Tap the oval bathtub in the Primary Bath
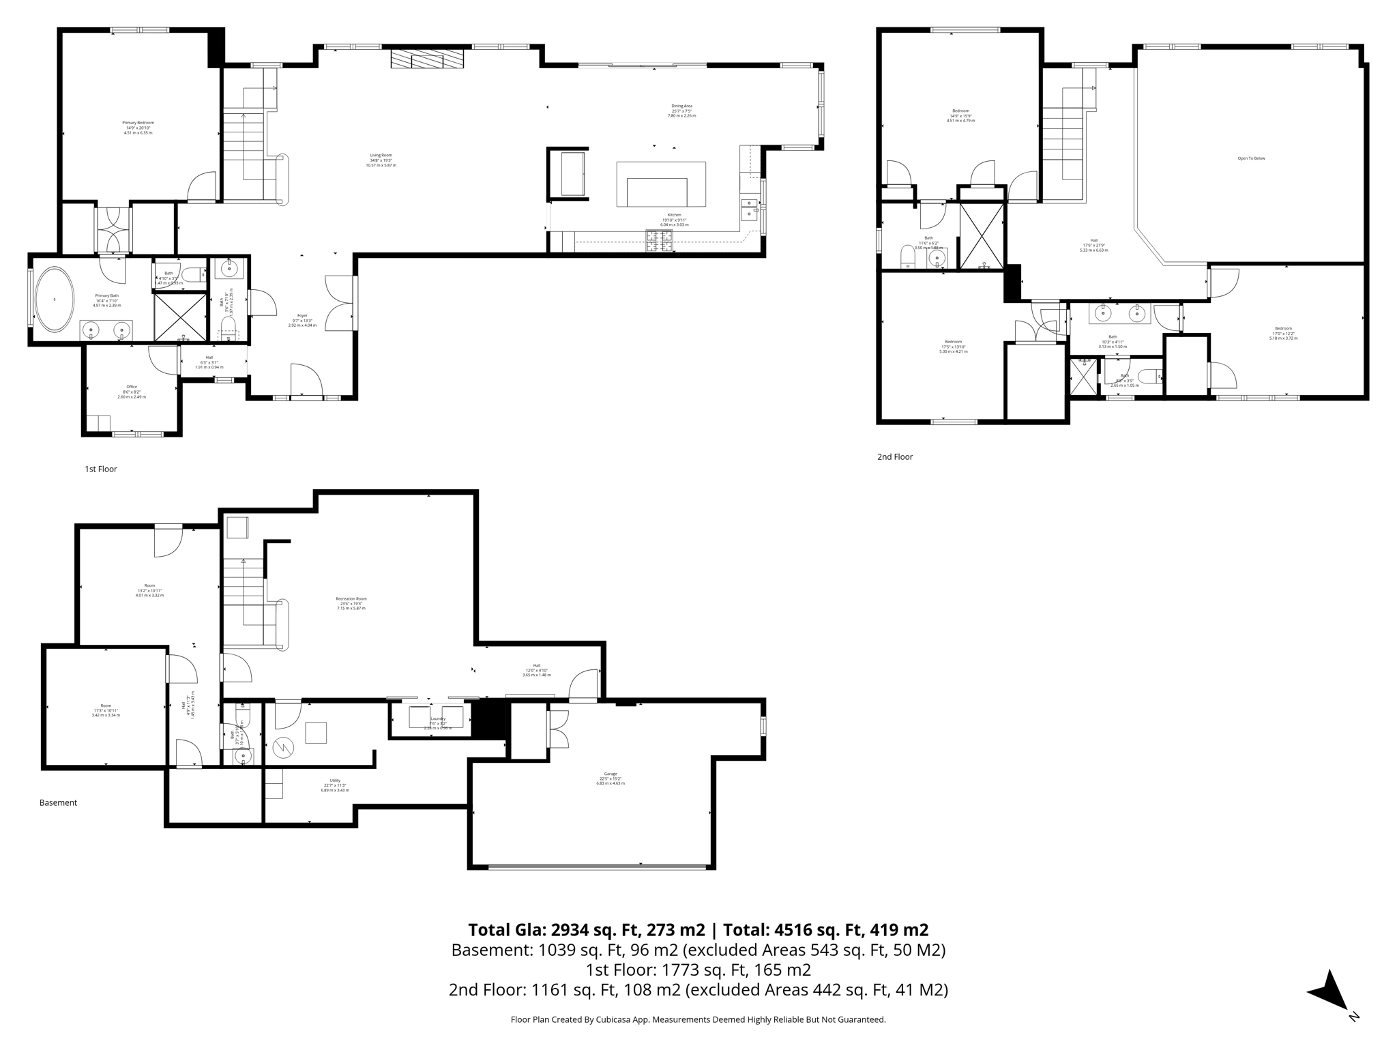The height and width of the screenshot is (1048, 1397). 55,300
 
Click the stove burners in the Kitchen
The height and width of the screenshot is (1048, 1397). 659,240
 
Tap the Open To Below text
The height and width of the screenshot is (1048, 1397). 1251,158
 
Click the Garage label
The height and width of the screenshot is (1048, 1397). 610,778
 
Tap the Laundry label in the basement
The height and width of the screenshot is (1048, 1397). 438,718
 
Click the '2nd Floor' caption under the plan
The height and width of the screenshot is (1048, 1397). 894,456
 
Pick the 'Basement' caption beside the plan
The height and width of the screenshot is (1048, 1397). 58,802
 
